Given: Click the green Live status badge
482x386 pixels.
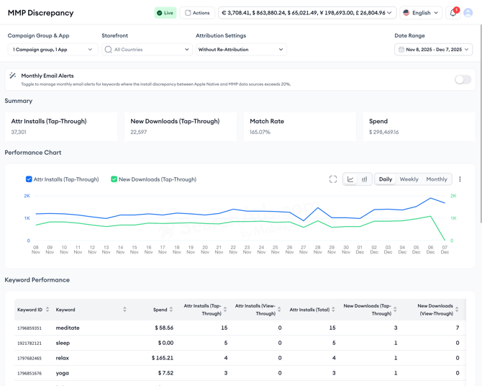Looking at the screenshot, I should pos(165,13).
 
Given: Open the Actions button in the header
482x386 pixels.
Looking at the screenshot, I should pos(197,13).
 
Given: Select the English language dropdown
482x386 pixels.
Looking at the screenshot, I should pos(421,13).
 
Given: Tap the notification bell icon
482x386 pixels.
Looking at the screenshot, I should pos(453,13).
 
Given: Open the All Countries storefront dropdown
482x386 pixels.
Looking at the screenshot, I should pos(147,50).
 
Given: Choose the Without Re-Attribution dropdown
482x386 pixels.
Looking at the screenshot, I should pos(241,50).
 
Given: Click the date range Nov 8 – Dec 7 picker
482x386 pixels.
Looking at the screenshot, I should pos(433,50).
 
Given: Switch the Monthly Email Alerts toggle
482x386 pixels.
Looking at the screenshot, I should pos(463,80).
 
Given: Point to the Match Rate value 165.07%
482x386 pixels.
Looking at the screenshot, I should pos(260,133).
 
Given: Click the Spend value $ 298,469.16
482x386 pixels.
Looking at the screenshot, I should pos(383,133).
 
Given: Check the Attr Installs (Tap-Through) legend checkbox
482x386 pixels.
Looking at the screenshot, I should pos(29,179).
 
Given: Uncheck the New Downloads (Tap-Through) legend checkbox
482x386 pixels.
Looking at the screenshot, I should pos(114,179).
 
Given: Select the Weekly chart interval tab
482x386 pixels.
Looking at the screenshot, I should pos(409,179).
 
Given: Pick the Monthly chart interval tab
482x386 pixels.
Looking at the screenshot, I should pos(437,179).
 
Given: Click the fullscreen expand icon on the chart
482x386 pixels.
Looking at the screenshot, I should pos(333,179).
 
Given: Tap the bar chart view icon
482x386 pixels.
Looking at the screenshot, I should pos(364,179).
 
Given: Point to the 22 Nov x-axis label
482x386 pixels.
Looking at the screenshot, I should pos(233,249).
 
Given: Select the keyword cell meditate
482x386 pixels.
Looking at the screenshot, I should pos(68,328).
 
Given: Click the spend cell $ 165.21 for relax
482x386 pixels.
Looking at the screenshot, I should pos(163,358).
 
